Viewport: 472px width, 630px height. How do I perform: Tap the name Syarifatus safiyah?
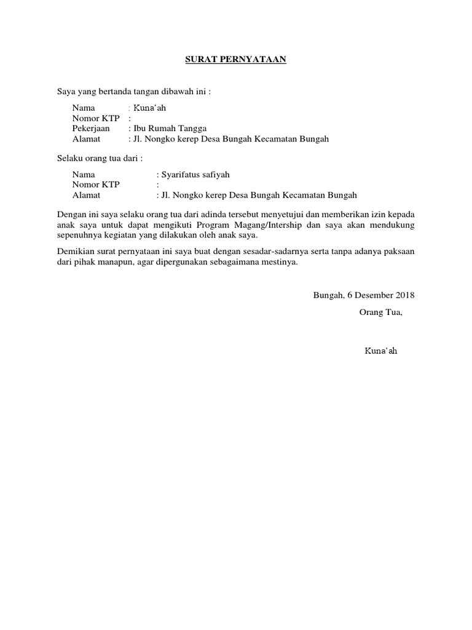[x=195, y=175]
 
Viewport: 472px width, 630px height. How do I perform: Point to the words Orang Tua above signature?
[x=380, y=311]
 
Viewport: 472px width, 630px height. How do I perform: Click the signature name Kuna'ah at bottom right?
[x=380, y=351]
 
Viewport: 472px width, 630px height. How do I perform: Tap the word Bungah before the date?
[x=328, y=295]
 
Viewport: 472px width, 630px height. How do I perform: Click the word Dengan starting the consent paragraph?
[x=70, y=214]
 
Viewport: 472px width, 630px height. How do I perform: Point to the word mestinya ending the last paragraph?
[x=280, y=262]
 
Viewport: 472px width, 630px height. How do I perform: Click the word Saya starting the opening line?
[x=65, y=92]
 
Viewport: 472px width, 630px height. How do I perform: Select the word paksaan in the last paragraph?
[x=399, y=252]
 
